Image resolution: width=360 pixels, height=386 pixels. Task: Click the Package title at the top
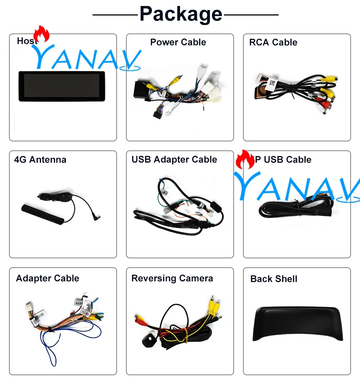[x=181, y=14]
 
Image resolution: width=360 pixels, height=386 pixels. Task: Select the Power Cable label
[x=178, y=42]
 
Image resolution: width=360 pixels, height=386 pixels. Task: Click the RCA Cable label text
[x=273, y=42]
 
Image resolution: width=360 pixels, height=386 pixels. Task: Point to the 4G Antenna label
[x=40, y=160]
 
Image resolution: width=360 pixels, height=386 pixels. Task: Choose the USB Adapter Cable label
[x=174, y=160]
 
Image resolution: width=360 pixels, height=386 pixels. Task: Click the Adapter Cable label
[x=48, y=278]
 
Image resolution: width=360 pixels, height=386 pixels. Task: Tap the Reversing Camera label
[x=172, y=278]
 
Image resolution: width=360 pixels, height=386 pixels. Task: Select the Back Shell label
[x=274, y=279]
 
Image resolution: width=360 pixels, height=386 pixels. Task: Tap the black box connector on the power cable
[x=142, y=89]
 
